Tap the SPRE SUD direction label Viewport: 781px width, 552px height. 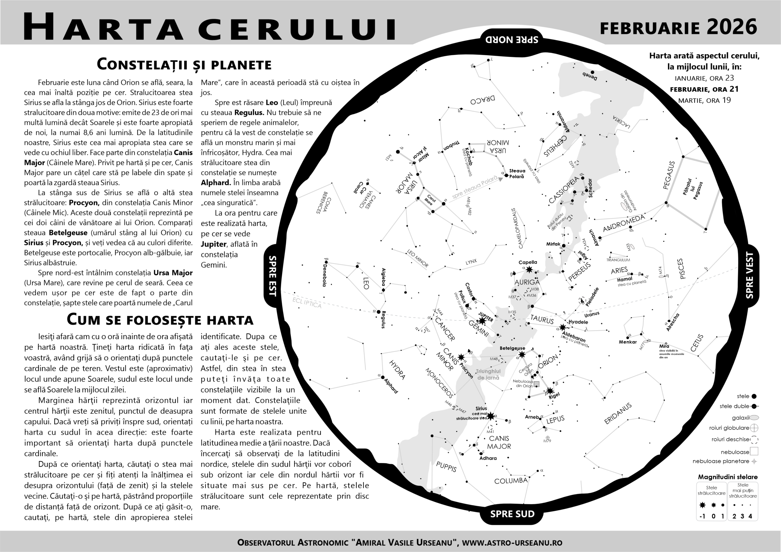[512, 514]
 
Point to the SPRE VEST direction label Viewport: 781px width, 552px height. [749, 276]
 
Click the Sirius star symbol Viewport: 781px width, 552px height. [491, 416]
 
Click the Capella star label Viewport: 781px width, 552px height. [527, 262]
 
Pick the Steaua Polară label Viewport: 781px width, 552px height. [517, 174]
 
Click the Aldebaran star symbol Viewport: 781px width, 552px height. [563, 328]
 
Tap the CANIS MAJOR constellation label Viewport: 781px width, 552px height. [499, 443]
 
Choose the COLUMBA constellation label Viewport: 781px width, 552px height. [511, 481]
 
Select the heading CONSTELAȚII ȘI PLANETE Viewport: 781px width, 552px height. [184, 64]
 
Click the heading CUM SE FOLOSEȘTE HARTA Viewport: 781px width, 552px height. [160, 319]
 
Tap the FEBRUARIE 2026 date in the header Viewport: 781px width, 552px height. [678, 27]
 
